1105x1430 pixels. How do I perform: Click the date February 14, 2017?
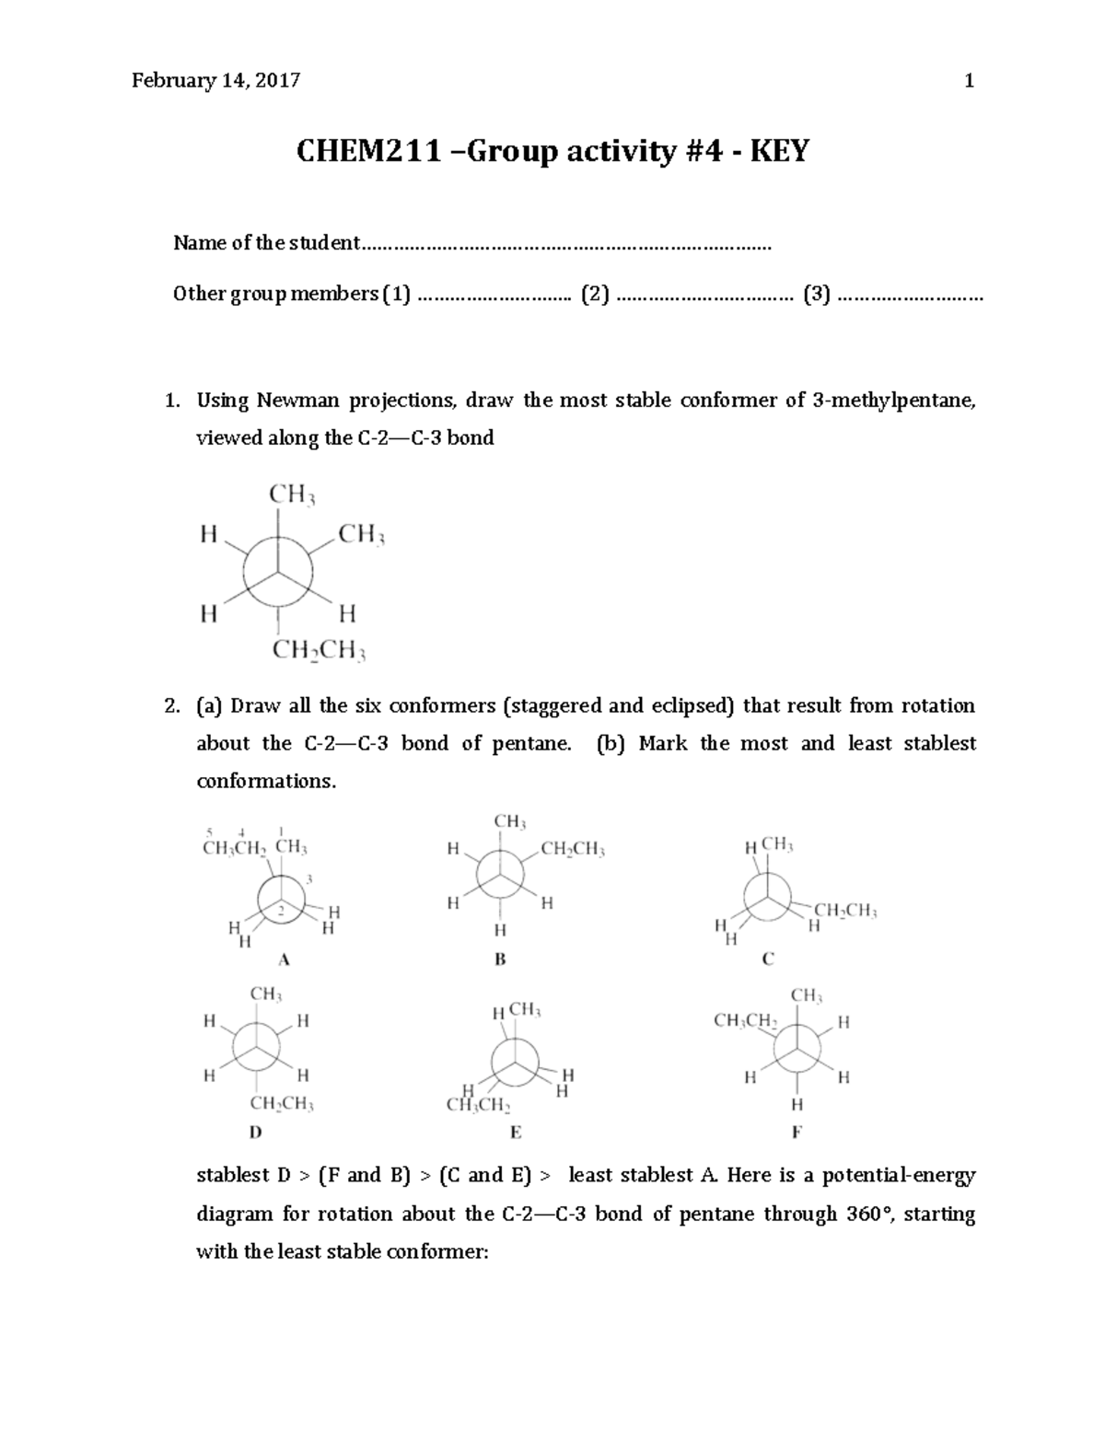click(215, 81)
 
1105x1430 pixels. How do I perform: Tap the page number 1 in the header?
click(969, 81)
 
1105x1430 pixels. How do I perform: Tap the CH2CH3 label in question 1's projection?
click(320, 652)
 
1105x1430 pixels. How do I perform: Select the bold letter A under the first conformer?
click(285, 959)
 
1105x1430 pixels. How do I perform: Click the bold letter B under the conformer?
click(500, 959)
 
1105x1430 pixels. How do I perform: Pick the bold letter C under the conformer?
click(768, 959)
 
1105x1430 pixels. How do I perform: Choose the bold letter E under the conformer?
click(516, 1132)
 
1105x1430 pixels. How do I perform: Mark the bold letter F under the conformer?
click(797, 1132)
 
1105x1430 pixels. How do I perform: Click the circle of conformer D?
click(256, 1047)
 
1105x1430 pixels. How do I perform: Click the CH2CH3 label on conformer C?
click(845, 912)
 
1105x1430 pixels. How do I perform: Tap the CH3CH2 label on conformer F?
click(746, 1020)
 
